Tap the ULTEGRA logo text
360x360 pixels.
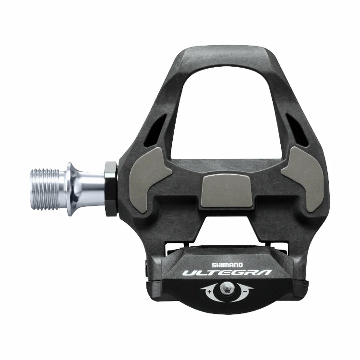[x=227, y=273]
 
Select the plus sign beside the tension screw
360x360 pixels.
[x=209, y=291]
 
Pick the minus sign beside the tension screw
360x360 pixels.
[x=245, y=291]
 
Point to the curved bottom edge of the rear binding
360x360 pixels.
[x=227, y=312]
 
